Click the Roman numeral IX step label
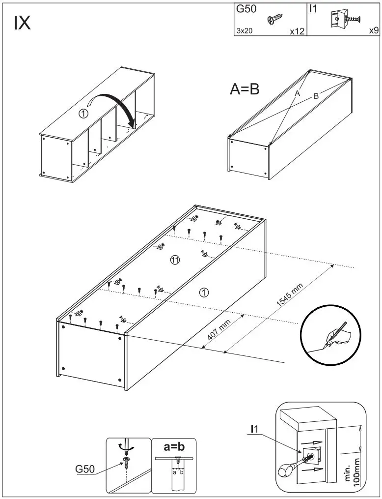tap(22, 23)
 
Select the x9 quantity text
tap(373, 30)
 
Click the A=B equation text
tap(245, 89)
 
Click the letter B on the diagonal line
tap(316, 96)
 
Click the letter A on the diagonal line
tap(297, 92)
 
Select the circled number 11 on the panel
tap(175, 260)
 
